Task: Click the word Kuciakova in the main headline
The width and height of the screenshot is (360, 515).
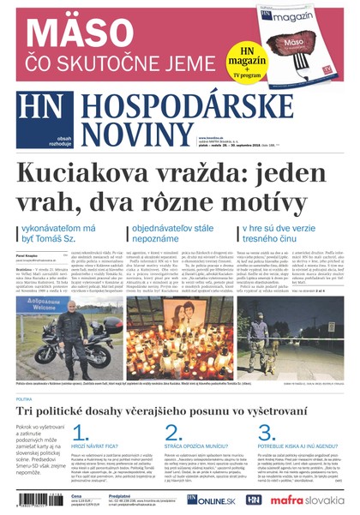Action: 87,174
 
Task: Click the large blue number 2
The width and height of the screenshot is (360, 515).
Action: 173,433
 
